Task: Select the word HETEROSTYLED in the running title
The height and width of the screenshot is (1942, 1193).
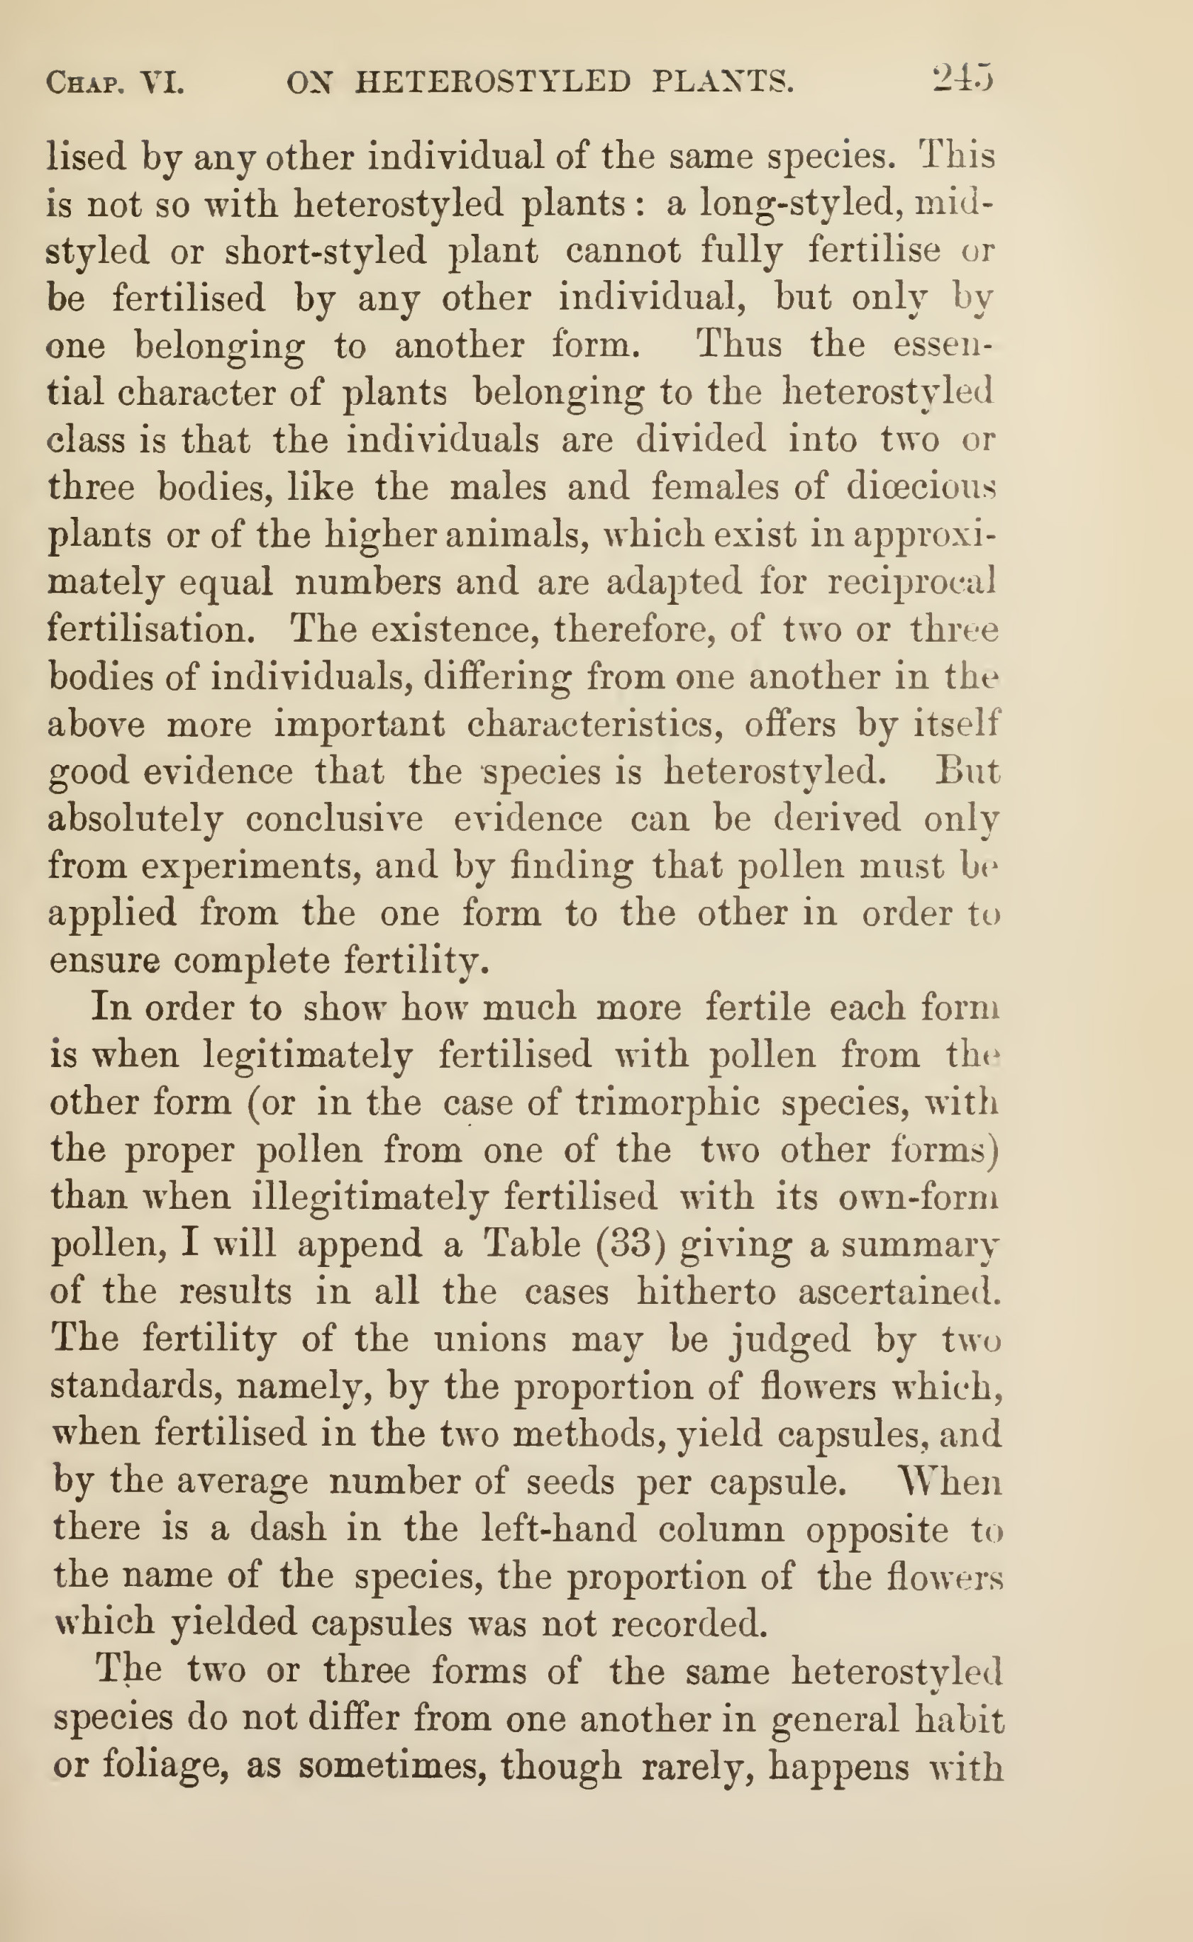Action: pos(493,82)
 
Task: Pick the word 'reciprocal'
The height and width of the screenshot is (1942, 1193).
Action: pos(911,582)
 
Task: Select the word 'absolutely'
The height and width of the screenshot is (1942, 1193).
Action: pos(135,820)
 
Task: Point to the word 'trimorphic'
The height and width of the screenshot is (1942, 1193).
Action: pos(667,1103)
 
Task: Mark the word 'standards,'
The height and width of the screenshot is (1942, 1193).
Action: pos(135,1386)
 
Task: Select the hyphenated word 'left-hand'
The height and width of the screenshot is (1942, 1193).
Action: pos(557,1529)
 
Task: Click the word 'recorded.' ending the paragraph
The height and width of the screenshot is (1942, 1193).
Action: pos(689,1624)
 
